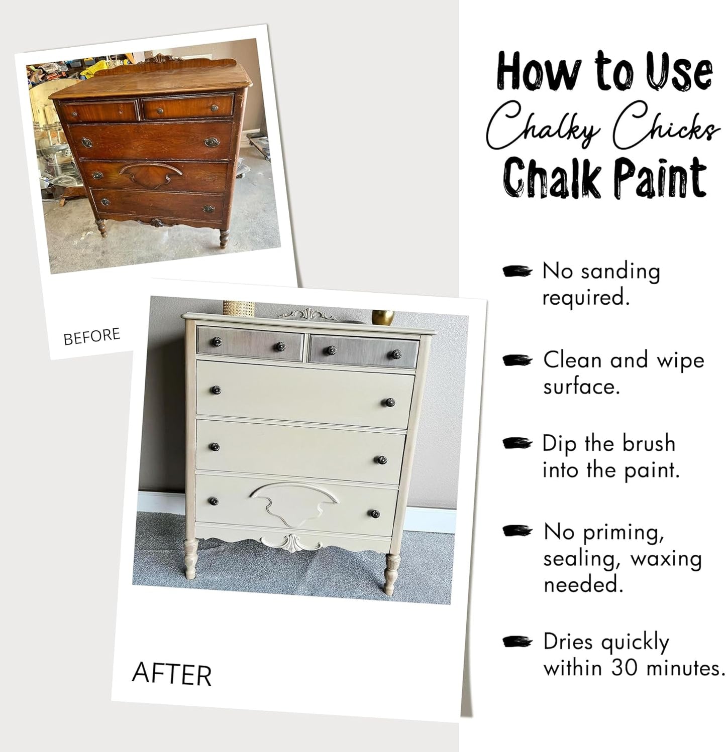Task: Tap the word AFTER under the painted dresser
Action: (x=171, y=674)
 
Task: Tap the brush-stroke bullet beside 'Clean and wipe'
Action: (x=517, y=360)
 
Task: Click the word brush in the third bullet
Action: (x=649, y=444)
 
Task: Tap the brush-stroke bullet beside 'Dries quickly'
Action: (x=517, y=642)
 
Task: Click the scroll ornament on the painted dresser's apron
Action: (x=291, y=544)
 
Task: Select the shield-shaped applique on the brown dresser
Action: (x=151, y=174)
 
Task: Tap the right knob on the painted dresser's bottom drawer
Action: (x=374, y=514)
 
